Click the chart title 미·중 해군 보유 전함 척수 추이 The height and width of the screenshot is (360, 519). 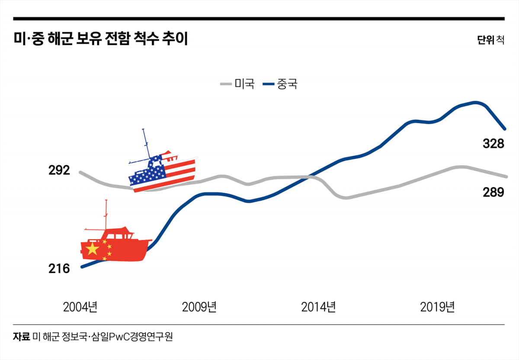(x=100, y=39)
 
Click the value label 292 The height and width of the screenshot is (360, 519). (x=59, y=170)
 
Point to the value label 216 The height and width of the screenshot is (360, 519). (x=59, y=269)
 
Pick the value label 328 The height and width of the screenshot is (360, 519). (x=493, y=144)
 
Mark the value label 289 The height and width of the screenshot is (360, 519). (x=493, y=192)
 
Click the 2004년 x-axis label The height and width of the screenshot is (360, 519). (x=80, y=308)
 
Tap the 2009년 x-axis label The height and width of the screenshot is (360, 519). (x=199, y=308)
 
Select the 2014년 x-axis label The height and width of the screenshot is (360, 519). (x=318, y=308)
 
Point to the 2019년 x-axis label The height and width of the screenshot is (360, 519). (x=437, y=308)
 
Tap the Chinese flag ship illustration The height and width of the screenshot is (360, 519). (x=116, y=245)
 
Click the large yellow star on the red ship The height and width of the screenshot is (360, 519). (x=92, y=249)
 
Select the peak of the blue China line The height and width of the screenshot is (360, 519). (x=476, y=103)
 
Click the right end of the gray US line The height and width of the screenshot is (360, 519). (x=506, y=177)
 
